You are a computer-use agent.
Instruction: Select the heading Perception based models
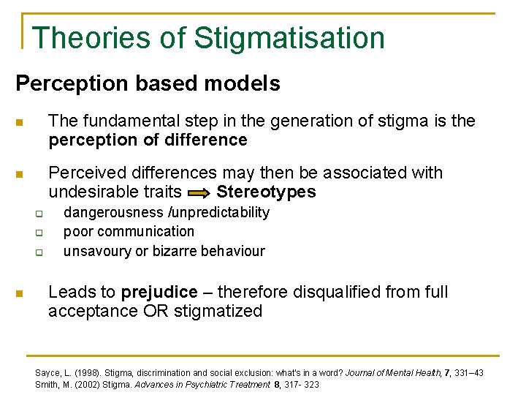(148, 83)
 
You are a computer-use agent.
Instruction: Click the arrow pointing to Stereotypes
(199, 193)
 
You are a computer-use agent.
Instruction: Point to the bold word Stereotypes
(266, 192)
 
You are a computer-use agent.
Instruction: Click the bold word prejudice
(159, 293)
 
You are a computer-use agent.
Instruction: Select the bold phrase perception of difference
(148, 140)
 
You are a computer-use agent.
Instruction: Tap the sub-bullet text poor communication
(129, 232)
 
